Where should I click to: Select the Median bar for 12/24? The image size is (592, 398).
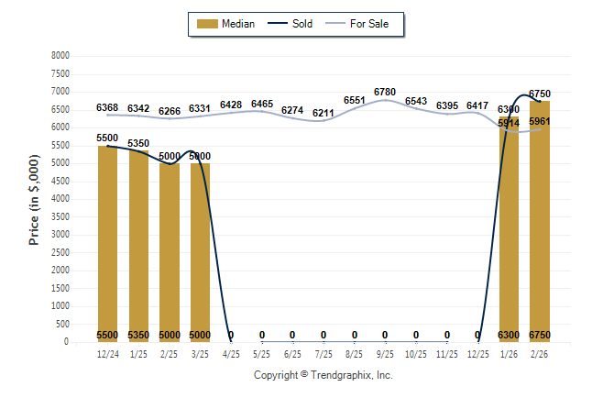pos(107,243)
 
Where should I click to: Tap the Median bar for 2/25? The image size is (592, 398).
pos(170,252)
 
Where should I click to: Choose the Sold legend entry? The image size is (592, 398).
pos(291,24)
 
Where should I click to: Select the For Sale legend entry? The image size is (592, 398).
pos(364,24)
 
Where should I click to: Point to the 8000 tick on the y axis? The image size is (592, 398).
pos(60,56)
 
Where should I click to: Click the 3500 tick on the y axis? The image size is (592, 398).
pos(60,217)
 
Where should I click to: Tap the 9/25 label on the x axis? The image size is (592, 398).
pos(385,353)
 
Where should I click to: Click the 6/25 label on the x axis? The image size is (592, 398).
pos(292,353)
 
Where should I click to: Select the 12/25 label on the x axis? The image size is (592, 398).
pos(477,353)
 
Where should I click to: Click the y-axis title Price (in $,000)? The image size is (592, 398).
pos(34,199)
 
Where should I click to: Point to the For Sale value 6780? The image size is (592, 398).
pos(385,92)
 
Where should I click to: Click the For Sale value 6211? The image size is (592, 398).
pos(323,113)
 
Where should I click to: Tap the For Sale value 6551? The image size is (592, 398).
pos(354,100)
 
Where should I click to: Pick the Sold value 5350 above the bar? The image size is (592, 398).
pos(138,144)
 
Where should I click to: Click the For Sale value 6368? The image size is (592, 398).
pos(107,107)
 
